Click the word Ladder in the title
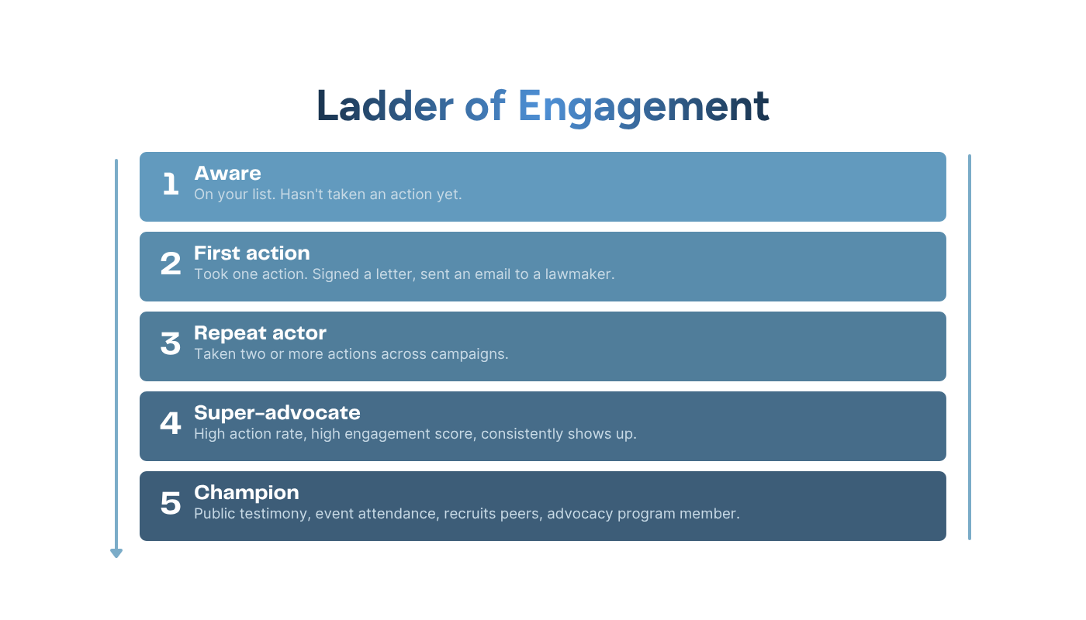pyautogui.click(x=385, y=106)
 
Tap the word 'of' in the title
pyautogui.click(x=486, y=105)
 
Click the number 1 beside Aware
pyautogui.click(x=171, y=184)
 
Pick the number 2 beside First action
pyautogui.click(x=171, y=263)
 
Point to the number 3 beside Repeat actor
pyautogui.click(x=171, y=343)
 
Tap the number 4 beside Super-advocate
pyautogui.click(x=171, y=423)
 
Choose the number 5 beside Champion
pyautogui.click(x=171, y=503)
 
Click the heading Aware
pyautogui.click(x=227, y=174)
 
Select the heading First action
pyautogui.click(x=252, y=253)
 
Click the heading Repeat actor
pyautogui.click(x=261, y=332)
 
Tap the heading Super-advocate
pyautogui.click(x=278, y=412)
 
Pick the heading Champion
pyautogui.click(x=247, y=493)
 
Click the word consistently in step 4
pyautogui.click(x=522, y=434)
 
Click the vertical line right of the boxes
pyautogui.click(x=970, y=347)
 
